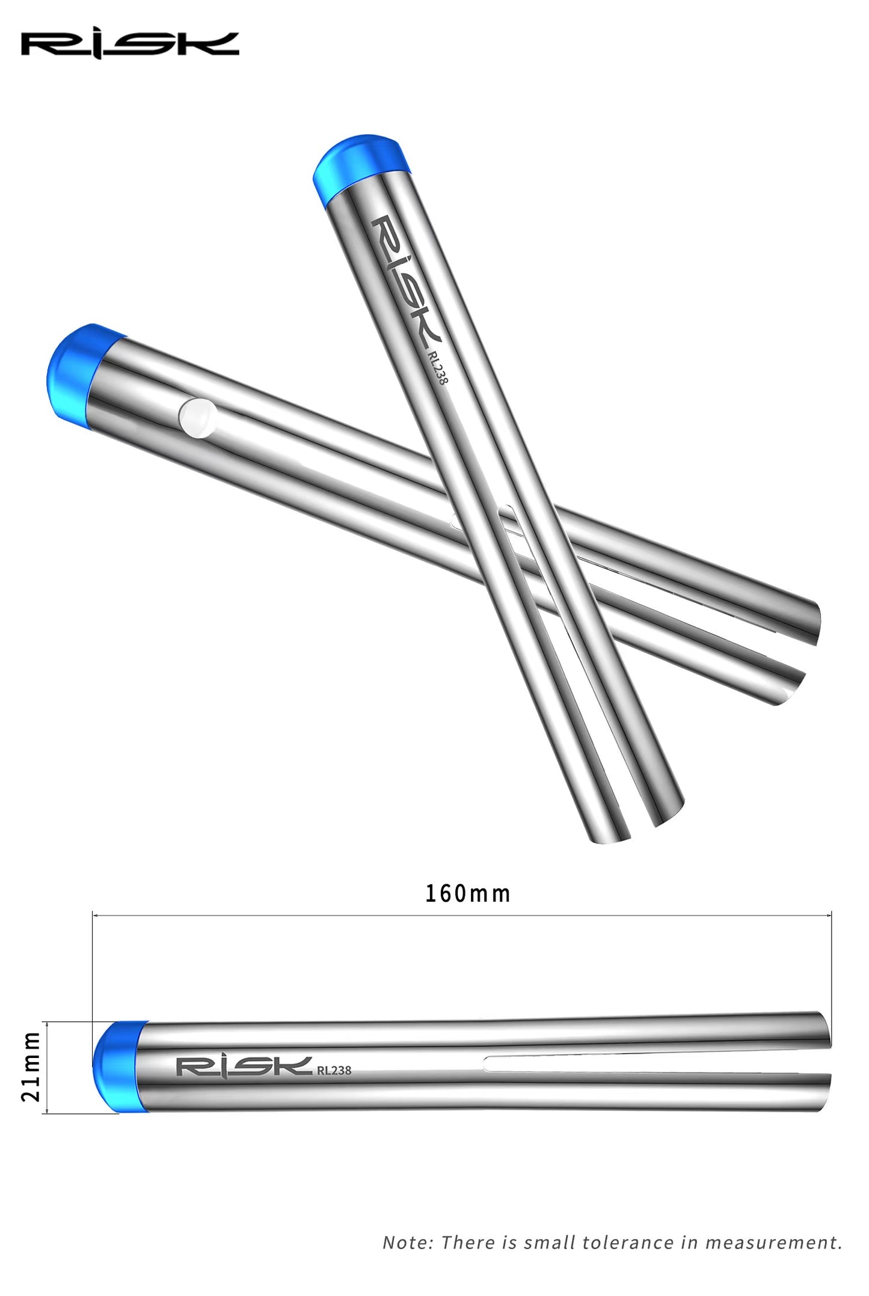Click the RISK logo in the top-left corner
[130, 45]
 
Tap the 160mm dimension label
[467, 894]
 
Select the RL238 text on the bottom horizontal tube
[334, 1070]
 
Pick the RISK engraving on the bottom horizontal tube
[244, 1067]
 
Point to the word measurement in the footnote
[773, 1243]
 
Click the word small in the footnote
[545, 1243]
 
